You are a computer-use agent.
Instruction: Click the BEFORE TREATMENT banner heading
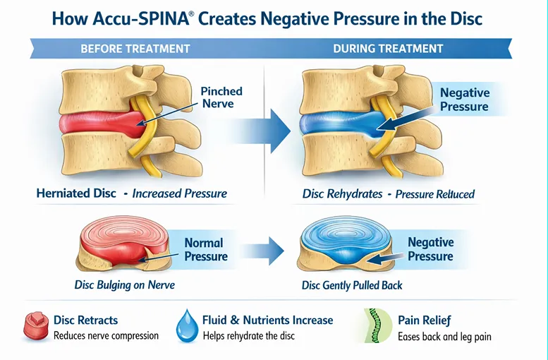[135, 49]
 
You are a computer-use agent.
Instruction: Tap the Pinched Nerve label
[221, 97]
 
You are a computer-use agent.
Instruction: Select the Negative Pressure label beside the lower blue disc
[430, 249]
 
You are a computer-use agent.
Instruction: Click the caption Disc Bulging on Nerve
[124, 286]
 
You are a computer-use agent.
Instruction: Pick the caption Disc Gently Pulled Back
[352, 286]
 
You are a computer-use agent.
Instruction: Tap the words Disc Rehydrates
[341, 193]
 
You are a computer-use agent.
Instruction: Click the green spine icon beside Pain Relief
[375, 326]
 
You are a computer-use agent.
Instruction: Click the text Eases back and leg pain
[444, 337]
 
